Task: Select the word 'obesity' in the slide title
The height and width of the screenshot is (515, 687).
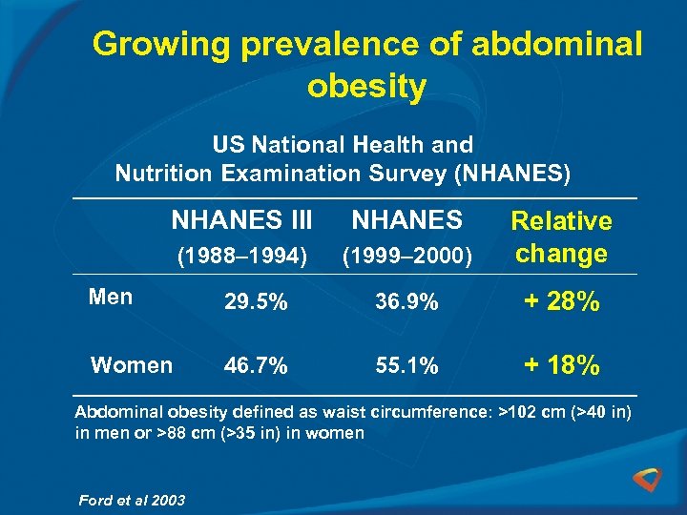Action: point(366,87)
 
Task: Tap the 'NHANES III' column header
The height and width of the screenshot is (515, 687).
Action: point(241,220)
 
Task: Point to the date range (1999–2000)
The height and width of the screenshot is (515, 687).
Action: point(407,256)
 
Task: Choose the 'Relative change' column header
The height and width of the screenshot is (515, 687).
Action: point(561,237)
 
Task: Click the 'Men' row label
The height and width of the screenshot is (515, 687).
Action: point(110,297)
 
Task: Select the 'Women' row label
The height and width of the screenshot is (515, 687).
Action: point(131,364)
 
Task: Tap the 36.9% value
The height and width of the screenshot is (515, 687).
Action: point(407,303)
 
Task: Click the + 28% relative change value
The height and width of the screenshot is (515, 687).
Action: point(560,303)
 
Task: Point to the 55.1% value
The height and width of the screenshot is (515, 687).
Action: point(407,366)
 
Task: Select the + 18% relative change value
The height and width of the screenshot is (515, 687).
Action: point(560,366)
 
